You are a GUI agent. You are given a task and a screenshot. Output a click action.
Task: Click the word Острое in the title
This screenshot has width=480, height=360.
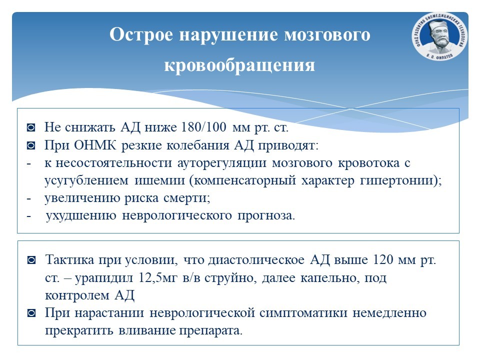[141, 35]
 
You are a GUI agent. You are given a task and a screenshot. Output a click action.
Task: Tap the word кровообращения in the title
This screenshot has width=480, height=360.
[239, 65]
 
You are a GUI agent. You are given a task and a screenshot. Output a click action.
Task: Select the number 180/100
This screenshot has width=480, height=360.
[203, 126]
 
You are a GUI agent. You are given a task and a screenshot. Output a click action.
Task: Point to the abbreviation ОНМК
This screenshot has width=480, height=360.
[95, 145]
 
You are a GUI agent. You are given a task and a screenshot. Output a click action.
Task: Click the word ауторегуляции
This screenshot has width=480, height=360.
[222, 163]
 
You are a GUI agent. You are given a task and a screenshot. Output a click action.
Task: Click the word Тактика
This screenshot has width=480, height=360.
[69, 259]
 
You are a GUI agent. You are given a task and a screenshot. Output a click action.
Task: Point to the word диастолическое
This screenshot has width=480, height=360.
[256, 260]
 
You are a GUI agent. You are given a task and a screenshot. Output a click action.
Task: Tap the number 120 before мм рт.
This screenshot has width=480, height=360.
[383, 259]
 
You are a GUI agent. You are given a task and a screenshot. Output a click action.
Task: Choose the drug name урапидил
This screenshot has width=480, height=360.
[104, 278]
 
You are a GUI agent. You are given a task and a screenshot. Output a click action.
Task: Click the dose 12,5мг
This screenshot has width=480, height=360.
[158, 278]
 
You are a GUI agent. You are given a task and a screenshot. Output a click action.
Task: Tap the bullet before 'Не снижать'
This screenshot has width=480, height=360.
[31, 127]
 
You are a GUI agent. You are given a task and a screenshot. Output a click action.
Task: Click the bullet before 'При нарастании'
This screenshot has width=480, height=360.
[31, 313]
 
